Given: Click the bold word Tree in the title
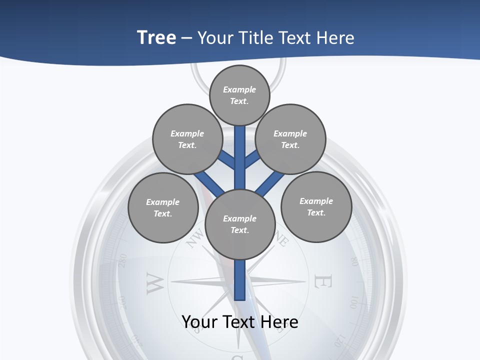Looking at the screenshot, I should [x=156, y=37].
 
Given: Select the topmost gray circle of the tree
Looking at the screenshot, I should [x=239, y=95].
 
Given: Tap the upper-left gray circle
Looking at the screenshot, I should [x=187, y=139].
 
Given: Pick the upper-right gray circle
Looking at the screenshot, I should [x=290, y=139].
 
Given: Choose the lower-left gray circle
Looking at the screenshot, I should [x=163, y=207].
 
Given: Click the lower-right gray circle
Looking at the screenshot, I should [x=316, y=206].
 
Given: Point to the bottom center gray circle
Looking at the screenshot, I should [x=240, y=224].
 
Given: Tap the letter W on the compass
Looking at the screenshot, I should [x=155, y=283].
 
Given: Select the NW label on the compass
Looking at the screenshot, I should [x=195, y=238].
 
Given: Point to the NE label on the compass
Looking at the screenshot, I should [x=281, y=240].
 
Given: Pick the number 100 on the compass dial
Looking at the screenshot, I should [x=353, y=302].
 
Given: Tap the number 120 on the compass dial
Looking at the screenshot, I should [x=339, y=340].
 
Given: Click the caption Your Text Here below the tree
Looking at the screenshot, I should [x=240, y=322].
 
